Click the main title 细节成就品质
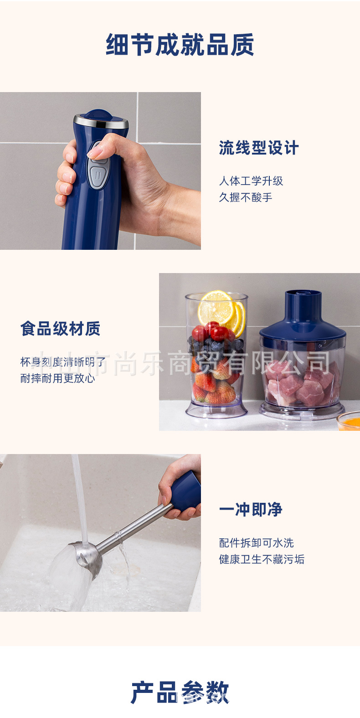(x=180, y=45)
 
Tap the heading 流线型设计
(x=258, y=148)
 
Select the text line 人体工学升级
(x=251, y=181)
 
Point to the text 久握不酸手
(x=246, y=197)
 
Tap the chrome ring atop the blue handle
(x=101, y=121)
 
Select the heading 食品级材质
(x=60, y=329)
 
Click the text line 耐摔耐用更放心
(x=58, y=378)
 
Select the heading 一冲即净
(x=251, y=510)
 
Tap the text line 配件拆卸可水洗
(x=256, y=543)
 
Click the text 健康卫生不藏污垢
(x=262, y=559)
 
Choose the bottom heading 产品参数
(x=180, y=693)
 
